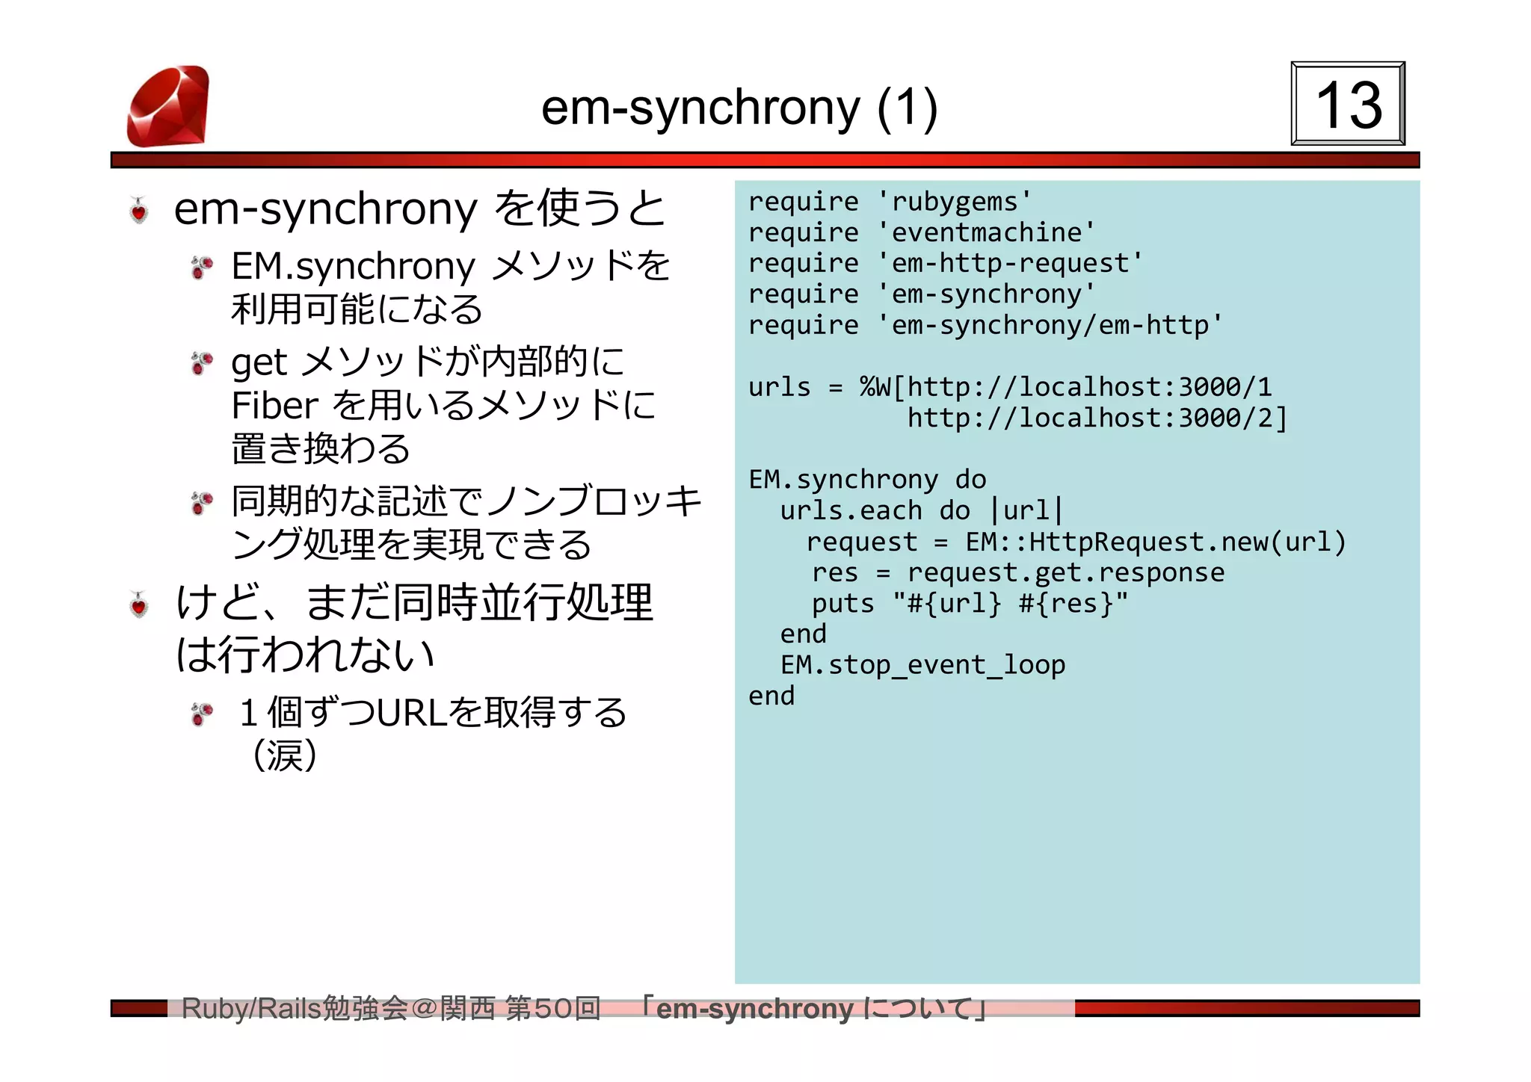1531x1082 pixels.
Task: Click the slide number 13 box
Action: pos(1347,104)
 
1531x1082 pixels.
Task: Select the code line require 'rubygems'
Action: pos(890,202)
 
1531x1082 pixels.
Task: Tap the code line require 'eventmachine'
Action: pos(921,232)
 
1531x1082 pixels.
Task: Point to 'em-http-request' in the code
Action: pos(1009,263)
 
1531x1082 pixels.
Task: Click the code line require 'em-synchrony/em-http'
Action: pos(985,325)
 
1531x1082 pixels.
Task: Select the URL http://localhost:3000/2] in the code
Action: pos(1097,418)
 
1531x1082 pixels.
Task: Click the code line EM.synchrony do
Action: pos(867,480)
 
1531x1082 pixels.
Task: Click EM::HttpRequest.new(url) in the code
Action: pos(1155,542)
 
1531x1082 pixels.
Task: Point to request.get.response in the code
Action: pos(1065,572)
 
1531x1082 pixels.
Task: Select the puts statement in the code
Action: pos(970,603)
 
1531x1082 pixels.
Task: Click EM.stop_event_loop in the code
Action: pos(922,665)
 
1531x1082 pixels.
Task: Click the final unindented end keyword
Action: pos(771,696)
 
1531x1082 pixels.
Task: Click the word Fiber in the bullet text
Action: pos(274,406)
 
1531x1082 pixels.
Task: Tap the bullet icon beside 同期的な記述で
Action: pos(202,503)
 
